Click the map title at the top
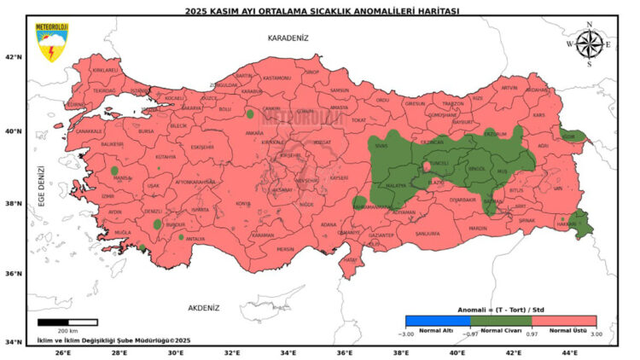323,10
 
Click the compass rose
588,44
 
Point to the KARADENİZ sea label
288,38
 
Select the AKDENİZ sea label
203,307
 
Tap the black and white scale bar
67,322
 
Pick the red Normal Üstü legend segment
563,322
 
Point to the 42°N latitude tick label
13,57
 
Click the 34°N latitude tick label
13,342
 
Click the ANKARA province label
254,133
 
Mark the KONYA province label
243,203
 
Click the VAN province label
559,189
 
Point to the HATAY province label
349,259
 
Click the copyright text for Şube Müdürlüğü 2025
113,340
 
